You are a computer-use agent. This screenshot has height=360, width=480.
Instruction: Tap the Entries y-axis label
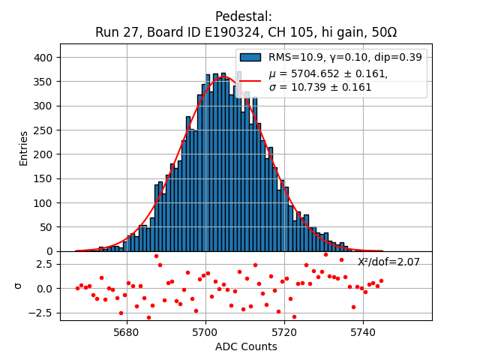coord(24,148)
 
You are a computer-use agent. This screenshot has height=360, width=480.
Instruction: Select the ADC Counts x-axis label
coord(246,346)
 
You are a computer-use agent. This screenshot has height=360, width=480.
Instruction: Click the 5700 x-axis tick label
coord(205,331)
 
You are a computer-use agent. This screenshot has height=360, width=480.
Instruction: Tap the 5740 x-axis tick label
coord(363,331)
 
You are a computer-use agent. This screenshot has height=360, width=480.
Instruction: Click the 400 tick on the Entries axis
coord(44,58)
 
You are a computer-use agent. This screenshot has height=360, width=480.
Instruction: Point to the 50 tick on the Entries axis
coord(47,227)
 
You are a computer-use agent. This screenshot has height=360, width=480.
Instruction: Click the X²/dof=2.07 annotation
coord(388,262)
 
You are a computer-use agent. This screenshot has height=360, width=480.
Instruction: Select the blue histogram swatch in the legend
coord(250,57)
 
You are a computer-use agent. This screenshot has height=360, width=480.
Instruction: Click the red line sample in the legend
coord(250,80)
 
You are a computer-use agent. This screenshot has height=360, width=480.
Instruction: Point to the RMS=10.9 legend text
coord(295,57)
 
